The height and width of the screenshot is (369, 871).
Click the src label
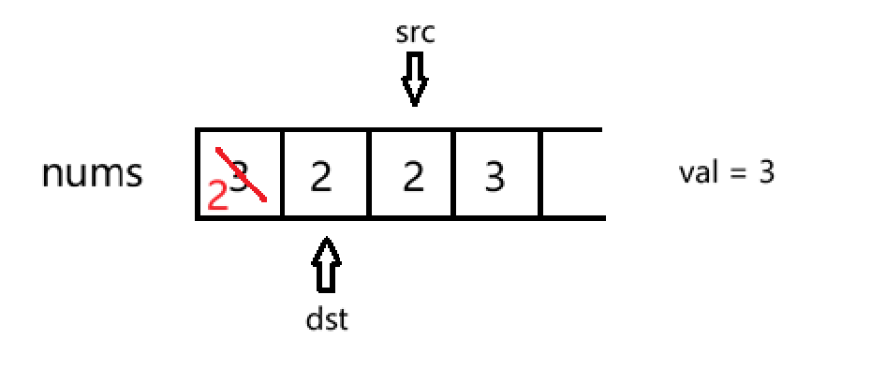(x=415, y=34)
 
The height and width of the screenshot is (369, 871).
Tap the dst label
(x=327, y=319)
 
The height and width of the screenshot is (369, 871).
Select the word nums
(x=92, y=173)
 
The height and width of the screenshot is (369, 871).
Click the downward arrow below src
(x=414, y=79)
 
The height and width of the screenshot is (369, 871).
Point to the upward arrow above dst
(x=327, y=264)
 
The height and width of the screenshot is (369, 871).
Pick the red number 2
(x=217, y=196)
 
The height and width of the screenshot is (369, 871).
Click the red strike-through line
(x=241, y=174)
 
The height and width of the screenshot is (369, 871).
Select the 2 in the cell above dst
(x=321, y=177)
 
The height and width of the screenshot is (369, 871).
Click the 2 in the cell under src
(x=413, y=177)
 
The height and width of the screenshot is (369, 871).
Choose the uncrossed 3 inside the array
(x=495, y=177)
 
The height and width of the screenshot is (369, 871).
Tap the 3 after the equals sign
(x=766, y=173)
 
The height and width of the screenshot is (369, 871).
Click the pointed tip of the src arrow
(x=414, y=106)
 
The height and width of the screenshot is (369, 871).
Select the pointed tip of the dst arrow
(x=327, y=238)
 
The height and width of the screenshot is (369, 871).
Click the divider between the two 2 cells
(x=369, y=174)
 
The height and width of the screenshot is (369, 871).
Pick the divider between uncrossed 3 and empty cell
(x=540, y=174)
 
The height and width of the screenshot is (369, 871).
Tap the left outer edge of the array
(x=198, y=174)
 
